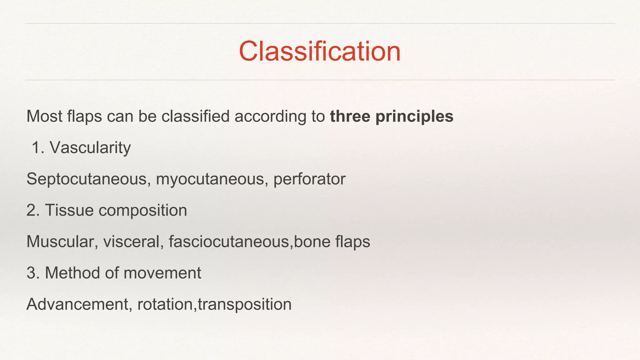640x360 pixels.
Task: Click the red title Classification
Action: point(320,51)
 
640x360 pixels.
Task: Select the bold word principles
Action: point(414,117)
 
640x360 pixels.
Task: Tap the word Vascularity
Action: point(90,147)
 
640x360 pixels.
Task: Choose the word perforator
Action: point(309,179)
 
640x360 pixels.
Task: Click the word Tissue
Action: point(69,210)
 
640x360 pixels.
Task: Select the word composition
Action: point(143,211)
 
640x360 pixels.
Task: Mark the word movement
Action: point(162,273)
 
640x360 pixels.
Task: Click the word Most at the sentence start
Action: point(44,116)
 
